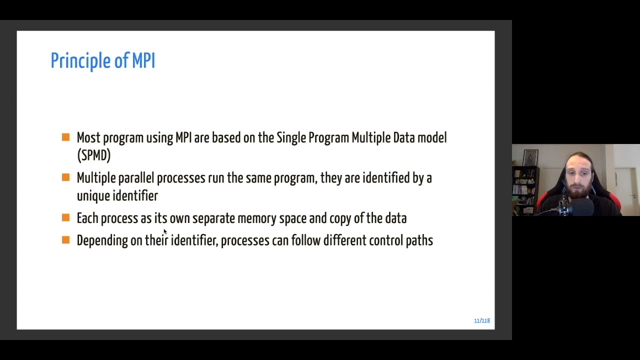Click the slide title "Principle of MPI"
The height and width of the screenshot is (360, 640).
(x=102, y=61)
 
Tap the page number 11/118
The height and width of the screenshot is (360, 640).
(x=481, y=320)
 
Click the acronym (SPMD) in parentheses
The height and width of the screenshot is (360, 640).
(x=93, y=155)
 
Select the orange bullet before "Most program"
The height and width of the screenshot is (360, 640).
(x=65, y=137)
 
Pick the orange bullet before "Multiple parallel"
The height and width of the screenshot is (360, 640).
(x=65, y=177)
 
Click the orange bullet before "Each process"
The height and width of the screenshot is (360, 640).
(x=65, y=217)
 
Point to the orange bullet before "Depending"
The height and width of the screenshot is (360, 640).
(x=65, y=240)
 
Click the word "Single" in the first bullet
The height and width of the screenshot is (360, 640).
(x=291, y=138)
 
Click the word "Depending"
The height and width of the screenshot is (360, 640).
(x=102, y=241)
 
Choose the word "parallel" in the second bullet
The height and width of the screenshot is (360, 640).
(x=136, y=178)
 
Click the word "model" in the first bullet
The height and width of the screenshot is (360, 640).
(x=432, y=138)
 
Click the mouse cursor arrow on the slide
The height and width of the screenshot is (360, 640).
(x=164, y=231)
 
